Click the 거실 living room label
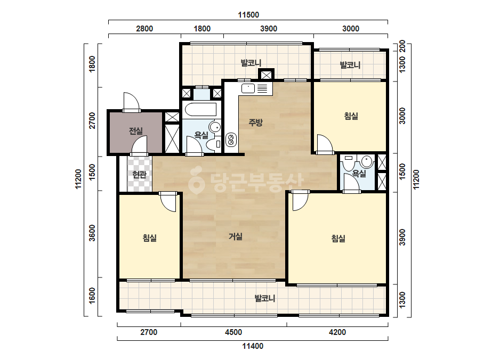[x=235, y=236]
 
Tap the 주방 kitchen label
[x=255, y=122]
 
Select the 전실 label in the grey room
[x=135, y=131]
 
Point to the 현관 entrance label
[x=139, y=175]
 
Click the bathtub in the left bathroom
[x=200, y=110]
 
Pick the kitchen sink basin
[x=248, y=88]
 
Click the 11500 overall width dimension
[x=248, y=15]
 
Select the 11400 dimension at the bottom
[x=253, y=346]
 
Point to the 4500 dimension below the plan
[x=233, y=332]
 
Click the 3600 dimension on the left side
[x=92, y=233]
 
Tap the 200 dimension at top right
[x=402, y=46]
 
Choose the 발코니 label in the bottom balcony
[x=265, y=298]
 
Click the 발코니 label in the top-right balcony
[x=350, y=65]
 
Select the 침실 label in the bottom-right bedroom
[x=338, y=239]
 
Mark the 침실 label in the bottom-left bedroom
[x=150, y=238]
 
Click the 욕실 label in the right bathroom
[x=359, y=174]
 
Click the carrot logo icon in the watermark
[x=196, y=181]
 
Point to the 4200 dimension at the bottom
[x=337, y=332]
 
